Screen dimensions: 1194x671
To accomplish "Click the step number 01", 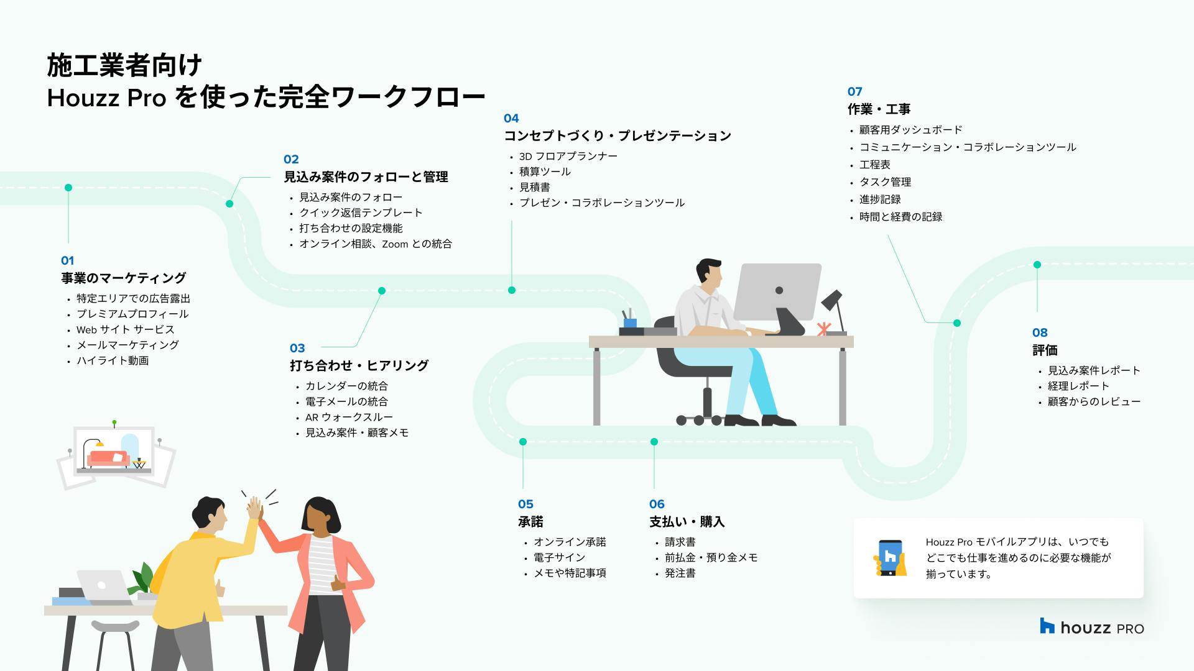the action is (x=67, y=261).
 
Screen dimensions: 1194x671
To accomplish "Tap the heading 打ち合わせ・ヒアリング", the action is (x=359, y=365).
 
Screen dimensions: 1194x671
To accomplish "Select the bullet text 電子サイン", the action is (x=559, y=557).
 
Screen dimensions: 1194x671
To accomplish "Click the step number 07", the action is (x=855, y=91).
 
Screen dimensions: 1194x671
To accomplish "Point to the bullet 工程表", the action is (x=875, y=165).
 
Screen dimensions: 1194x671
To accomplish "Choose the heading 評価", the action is (x=1045, y=350).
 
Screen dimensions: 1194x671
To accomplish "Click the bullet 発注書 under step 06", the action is (x=680, y=573).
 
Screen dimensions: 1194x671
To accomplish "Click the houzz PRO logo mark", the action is (x=1047, y=626).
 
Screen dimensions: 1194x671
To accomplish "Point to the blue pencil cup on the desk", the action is (x=629, y=322).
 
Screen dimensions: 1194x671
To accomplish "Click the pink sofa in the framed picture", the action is (x=108, y=459).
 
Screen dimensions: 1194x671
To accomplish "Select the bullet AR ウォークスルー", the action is (x=349, y=418).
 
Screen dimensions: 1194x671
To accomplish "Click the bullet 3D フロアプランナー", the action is (x=568, y=156).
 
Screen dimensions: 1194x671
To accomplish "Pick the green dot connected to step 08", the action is (x=1037, y=265).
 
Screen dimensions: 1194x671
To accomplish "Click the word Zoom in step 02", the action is (x=395, y=244).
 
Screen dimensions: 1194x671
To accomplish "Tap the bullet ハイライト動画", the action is (x=113, y=360).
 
